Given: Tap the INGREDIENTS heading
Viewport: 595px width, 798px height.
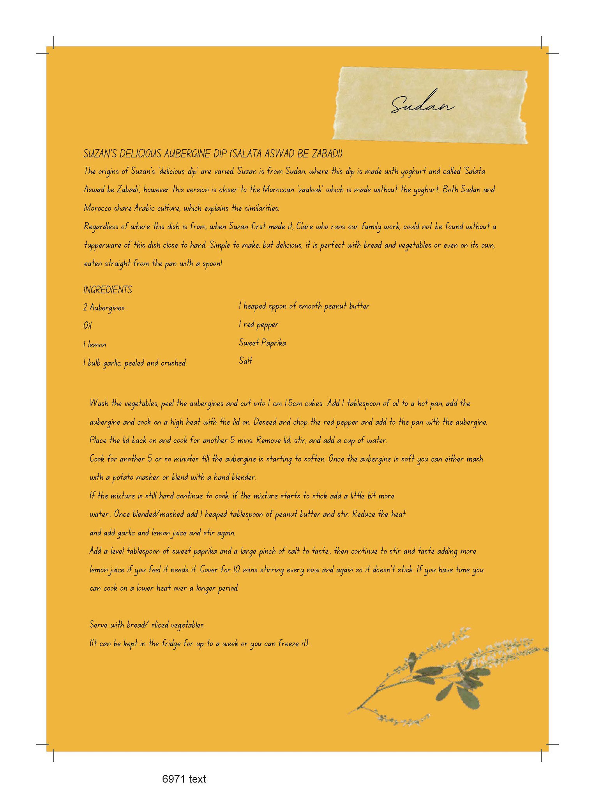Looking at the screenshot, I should (x=108, y=290).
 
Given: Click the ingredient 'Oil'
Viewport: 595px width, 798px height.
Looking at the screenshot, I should (x=87, y=326).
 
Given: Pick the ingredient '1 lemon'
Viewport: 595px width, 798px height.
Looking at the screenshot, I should (x=95, y=344).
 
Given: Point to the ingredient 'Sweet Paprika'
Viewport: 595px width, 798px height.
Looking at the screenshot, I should (x=262, y=343).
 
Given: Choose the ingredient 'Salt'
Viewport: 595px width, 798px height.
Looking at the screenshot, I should (x=245, y=361).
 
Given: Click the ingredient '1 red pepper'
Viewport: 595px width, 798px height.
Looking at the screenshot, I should (x=259, y=325).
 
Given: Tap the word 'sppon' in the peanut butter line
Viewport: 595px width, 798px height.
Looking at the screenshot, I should (x=277, y=307).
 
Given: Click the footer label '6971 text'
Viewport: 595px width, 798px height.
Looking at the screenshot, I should (x=184, y=779).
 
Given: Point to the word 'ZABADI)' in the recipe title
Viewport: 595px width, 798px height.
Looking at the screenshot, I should (x=327, y=154).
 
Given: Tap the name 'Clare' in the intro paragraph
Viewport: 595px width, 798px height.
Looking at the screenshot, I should (x=305, y=226).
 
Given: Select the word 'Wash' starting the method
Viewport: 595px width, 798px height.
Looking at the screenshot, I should (x=99, y=403).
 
